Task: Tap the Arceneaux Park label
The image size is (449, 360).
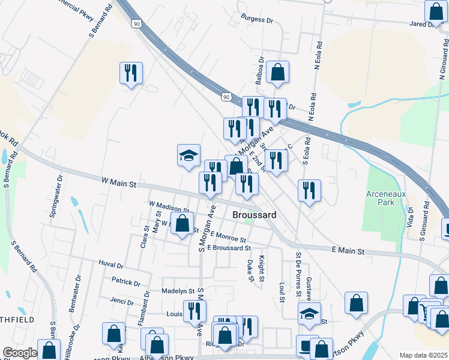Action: [388, 199]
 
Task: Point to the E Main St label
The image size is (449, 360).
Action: [348, 250]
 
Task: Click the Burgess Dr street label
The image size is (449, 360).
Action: [256, 20]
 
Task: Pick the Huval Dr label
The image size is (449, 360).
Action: [110, 264]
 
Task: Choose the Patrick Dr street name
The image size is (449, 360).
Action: [125, 281]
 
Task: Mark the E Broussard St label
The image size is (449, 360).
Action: [229, 247]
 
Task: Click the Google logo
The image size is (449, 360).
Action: [20, 353]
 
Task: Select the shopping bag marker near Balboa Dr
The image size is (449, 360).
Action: [277, 71]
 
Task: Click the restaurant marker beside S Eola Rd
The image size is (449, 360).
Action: [309, 190]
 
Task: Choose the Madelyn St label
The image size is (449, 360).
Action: [178, 291]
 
